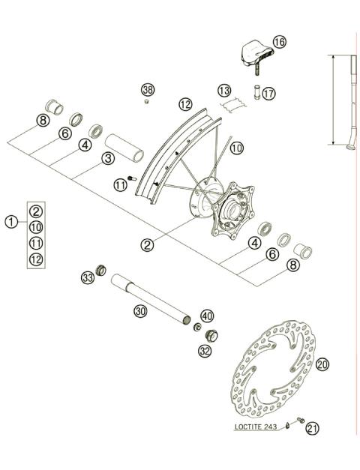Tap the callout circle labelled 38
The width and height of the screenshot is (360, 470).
[147, 90]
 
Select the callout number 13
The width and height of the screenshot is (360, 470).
[224, 91]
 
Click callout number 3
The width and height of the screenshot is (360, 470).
[108, 157]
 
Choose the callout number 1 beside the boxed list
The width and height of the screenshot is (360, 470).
[11, 221]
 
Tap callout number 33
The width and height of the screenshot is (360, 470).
[87, 278]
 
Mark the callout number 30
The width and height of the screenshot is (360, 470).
[139, 310]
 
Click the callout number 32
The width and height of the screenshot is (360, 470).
[205, 349]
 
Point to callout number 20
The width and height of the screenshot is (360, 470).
[322, 364]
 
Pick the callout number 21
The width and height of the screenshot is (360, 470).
[312, 428]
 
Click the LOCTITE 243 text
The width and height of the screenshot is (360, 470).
[255, 427]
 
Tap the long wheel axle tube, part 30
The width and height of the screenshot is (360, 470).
[150, 300]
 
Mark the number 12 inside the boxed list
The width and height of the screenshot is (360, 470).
[36, 259]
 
